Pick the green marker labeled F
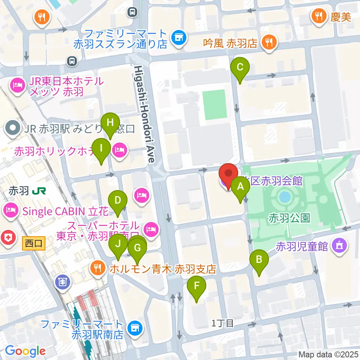tap(196, 288)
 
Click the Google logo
tap(25, 351)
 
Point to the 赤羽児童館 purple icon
tap(339, 246)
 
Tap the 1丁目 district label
tap(223, 323)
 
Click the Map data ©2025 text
tap(328, 354)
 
